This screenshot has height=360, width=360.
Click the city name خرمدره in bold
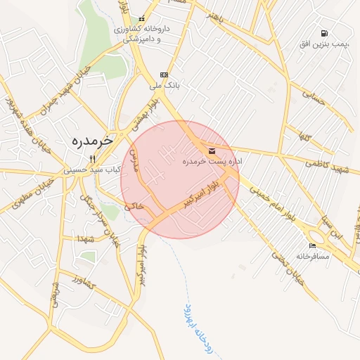92,140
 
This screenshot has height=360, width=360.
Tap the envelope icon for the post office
212,150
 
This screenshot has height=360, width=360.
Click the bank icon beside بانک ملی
165,75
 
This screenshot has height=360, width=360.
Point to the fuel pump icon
324,33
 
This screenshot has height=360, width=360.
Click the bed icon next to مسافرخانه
312,245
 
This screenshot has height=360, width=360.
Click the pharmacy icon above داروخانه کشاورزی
142,19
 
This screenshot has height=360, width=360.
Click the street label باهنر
220,18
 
